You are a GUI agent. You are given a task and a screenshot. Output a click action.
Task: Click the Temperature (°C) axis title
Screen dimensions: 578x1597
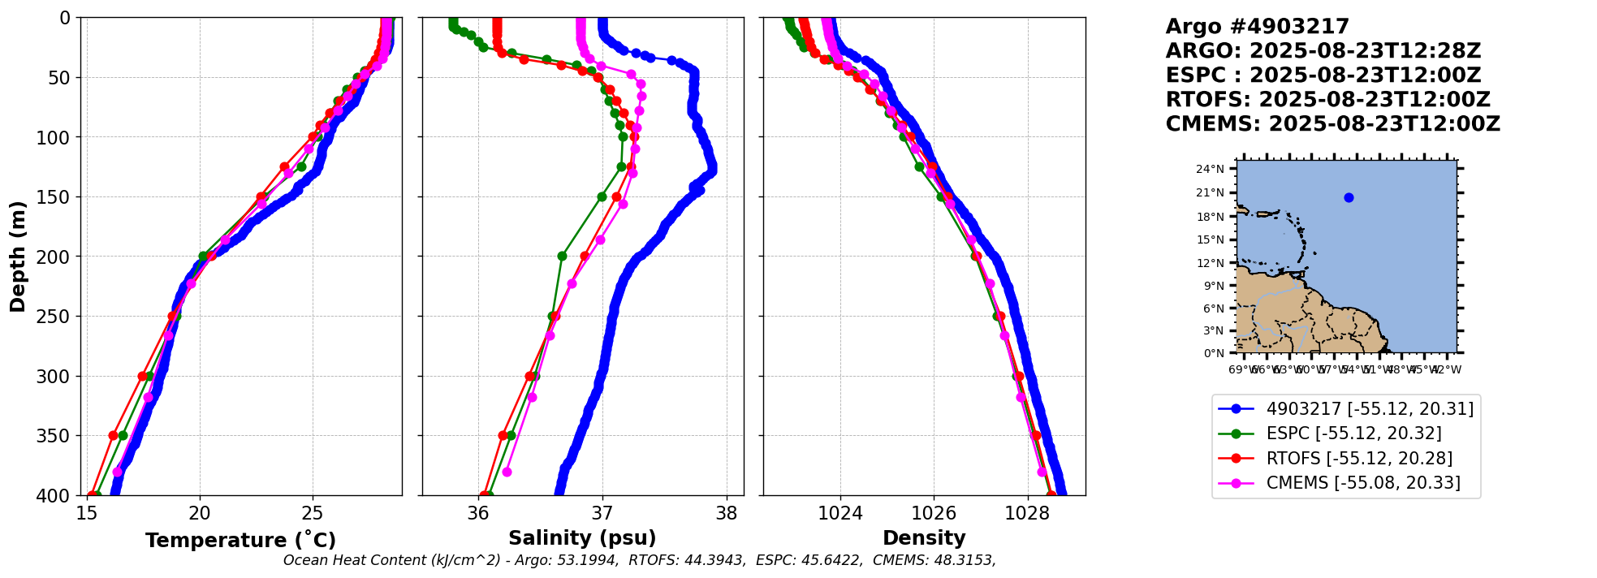tap(240, 541)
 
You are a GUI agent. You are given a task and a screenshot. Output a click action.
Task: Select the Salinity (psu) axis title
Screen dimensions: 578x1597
tap(582, 538)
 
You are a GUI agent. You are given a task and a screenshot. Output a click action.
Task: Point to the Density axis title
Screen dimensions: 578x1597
tap(924, 538)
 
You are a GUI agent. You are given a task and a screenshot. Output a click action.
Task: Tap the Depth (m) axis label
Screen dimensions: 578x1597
tap(18, 257)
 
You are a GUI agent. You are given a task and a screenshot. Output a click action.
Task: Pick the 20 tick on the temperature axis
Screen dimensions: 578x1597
tap(200, 513)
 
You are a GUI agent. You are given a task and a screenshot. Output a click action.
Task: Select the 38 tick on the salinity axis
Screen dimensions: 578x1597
tap(727, 513)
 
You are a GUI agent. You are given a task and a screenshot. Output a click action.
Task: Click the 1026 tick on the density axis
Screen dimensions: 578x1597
tap(934, 513)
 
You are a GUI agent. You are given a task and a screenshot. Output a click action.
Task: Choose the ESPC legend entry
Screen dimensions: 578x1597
tap(1353, 433)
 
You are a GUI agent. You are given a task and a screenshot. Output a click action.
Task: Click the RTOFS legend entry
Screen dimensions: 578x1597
tap(1359, 459)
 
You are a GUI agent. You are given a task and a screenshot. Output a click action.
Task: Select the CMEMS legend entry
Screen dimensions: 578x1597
tap(1363, 483)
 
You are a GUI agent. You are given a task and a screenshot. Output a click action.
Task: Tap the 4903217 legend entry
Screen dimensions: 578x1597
tap(1370, 409)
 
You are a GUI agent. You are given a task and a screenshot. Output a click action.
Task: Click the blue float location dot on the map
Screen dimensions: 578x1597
tap(1349, 197)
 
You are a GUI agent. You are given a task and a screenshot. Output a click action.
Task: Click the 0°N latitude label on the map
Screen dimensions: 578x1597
tap(1213, 353)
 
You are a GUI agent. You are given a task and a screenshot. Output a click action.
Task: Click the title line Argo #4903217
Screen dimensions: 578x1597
tap(1257, 27)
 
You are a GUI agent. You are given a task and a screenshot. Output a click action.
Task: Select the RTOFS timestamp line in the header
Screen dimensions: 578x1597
tap(1327, 100)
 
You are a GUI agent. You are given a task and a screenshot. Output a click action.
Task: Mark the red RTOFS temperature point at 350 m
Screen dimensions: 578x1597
tap(114, 436)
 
